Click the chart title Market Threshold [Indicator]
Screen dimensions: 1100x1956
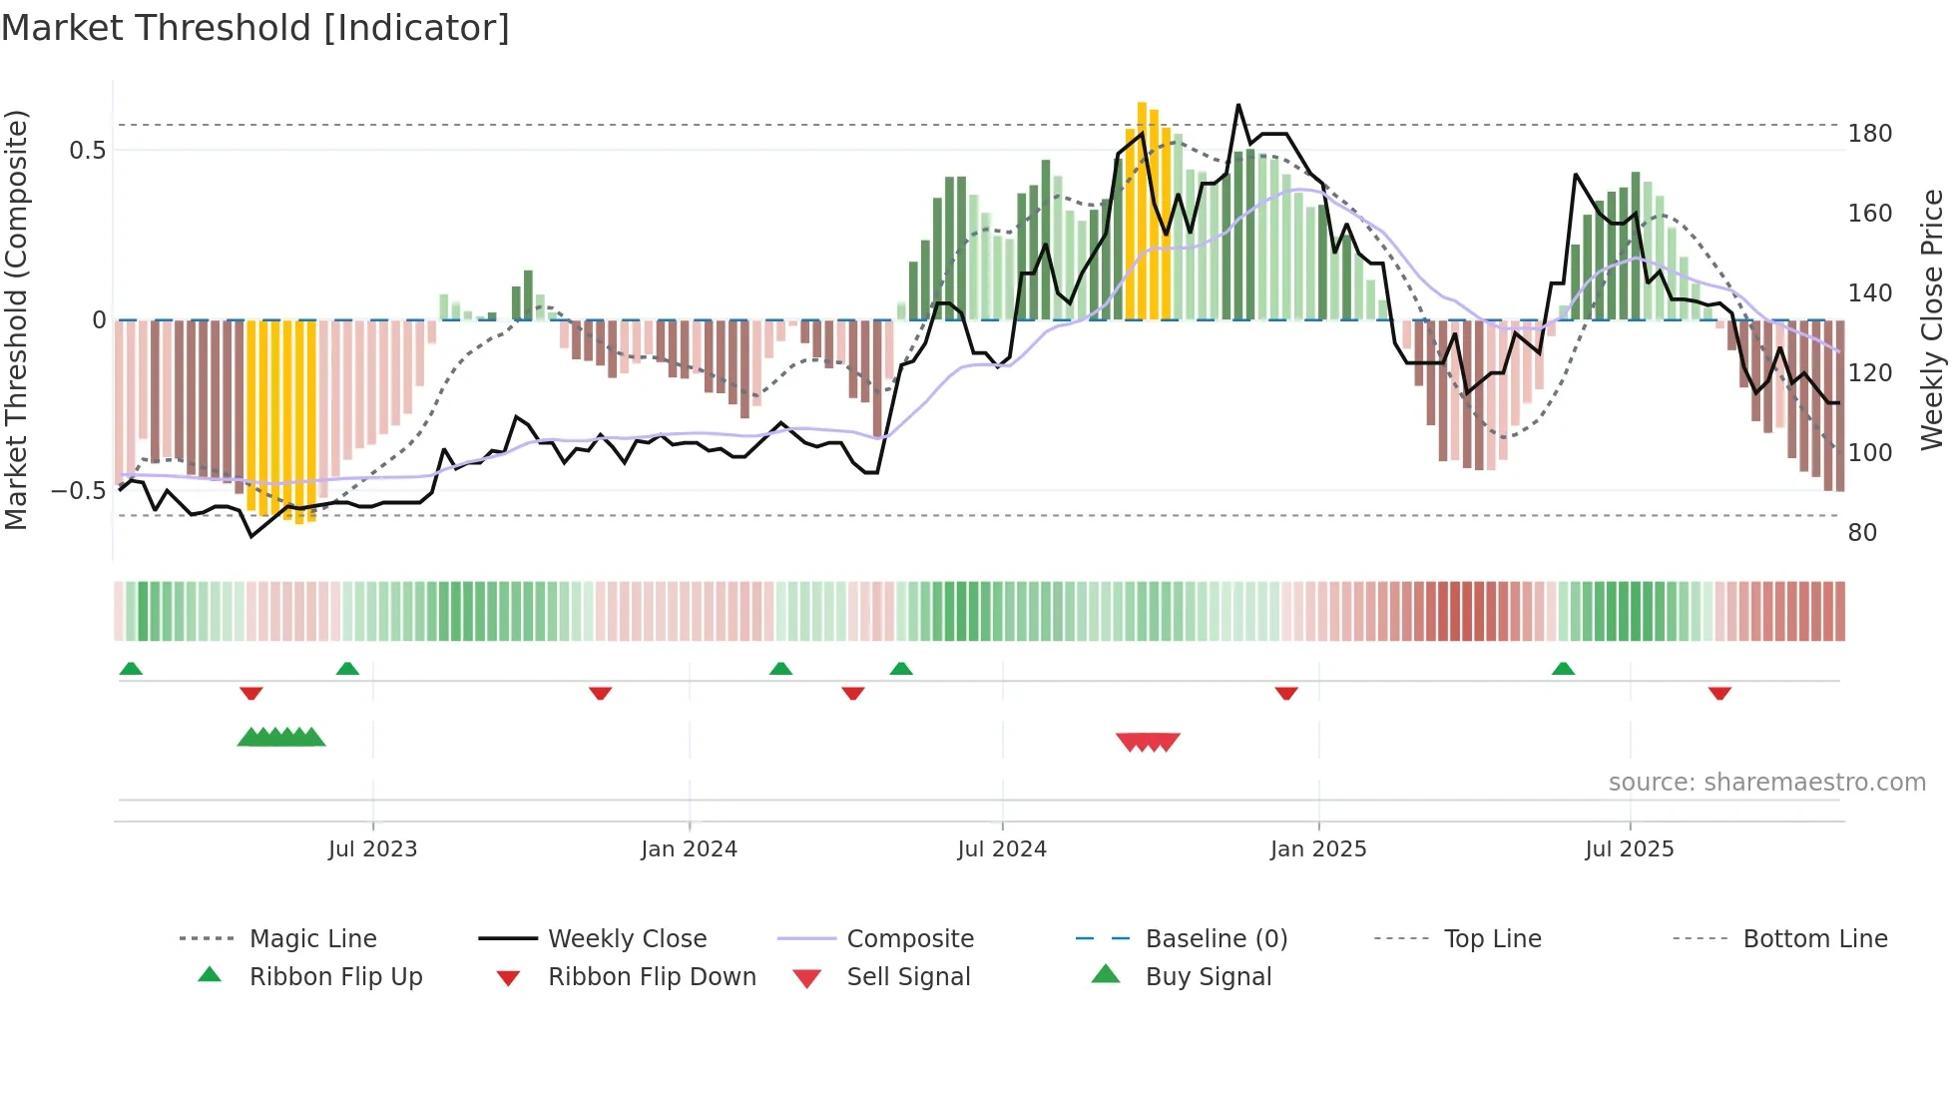[255, 28]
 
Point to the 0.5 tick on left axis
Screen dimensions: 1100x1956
[87, 151]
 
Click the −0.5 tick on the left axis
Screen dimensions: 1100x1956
[79, 491]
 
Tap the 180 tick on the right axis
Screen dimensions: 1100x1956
[1869, 134]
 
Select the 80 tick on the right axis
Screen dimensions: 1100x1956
[1862, 533]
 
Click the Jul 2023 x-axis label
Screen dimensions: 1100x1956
[372, 849]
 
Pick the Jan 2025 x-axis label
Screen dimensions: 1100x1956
[1317, 849]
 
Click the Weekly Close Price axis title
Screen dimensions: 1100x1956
[1932, 319]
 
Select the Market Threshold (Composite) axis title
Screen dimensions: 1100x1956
[16, 319]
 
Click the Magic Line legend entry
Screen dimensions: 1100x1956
[312, 939]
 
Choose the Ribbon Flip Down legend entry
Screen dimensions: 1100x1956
[652, 977]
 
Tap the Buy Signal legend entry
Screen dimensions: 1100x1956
[1208, 977]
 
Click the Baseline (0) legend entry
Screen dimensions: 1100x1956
[1216, 939]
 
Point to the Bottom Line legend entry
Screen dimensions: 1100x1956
[1814, 939]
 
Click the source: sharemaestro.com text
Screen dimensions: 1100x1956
[1766, 783]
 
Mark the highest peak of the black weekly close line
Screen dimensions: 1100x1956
[1238, 105]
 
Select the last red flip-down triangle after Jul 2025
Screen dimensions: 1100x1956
[1719, 693]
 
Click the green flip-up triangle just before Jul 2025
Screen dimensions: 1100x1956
[1563, 669]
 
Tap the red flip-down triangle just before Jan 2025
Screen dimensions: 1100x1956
[1286, 693]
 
